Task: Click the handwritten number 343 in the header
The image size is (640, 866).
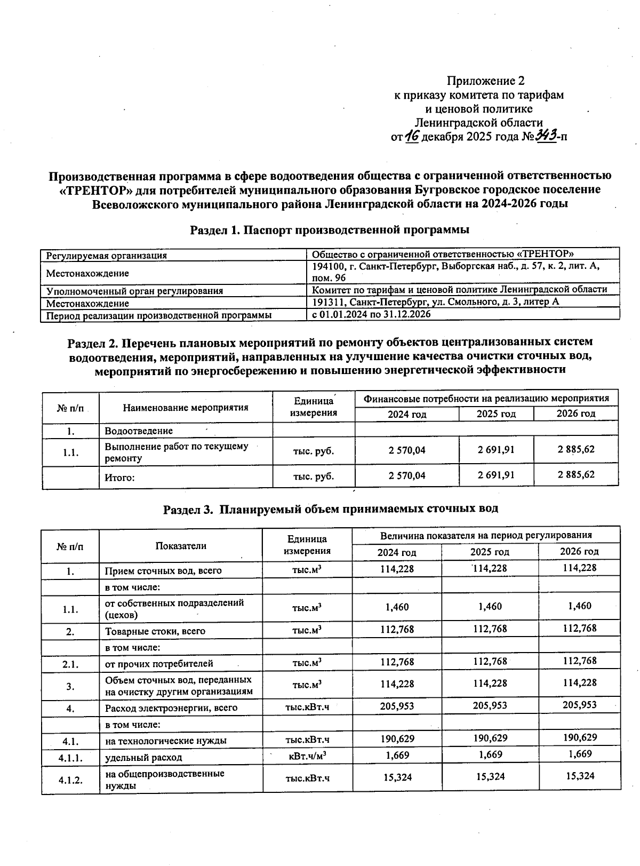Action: click(x=547, y=136)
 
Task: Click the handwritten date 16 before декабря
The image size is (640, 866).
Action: click(x=412, y=136)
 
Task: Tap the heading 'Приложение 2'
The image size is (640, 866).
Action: click(x=485, y=81)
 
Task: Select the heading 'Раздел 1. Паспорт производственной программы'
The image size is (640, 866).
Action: click(x=330, y=230)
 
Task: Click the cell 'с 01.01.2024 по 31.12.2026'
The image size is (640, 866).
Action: click(x=371, y=315)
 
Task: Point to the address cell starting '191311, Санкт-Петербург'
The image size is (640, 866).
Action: click(x=435, y=302)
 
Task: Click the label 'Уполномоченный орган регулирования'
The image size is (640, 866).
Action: click(x=134, y=291)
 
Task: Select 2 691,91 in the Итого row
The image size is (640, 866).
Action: click(x=496, y=475)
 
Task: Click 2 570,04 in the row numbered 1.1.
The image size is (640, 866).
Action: click(x=407, y=450)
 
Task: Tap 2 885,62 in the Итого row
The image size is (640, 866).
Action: click(x=576, y=474)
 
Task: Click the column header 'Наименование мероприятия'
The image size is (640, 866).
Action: click(x=186, y=408)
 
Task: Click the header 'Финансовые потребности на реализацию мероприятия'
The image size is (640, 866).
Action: click(x=486, y=399)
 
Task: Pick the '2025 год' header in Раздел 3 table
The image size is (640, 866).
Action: click(x=490, y=552)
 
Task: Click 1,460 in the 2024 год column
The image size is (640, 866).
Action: click(x=397, y=607)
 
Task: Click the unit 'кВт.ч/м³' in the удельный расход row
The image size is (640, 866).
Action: click(x=307, y=756)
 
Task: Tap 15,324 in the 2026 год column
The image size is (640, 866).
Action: click(x=579, y=776)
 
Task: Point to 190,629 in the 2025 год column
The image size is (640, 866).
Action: click(x=490, y=738)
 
